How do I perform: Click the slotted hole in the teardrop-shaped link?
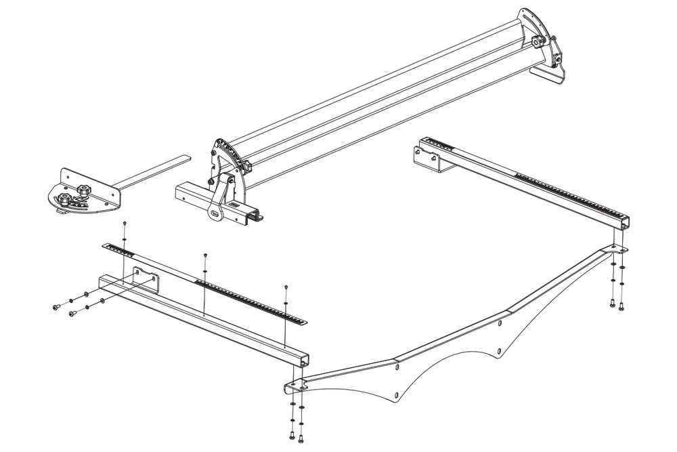click(215, 213)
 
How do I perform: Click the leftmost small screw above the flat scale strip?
click(125, 223)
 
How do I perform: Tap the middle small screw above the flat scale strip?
click(205, 255)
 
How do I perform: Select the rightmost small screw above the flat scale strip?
click(286, 287)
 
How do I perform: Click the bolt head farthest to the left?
click(55, 308)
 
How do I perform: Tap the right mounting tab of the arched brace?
click(618, 250)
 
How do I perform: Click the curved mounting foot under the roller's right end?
click(548, 75)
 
